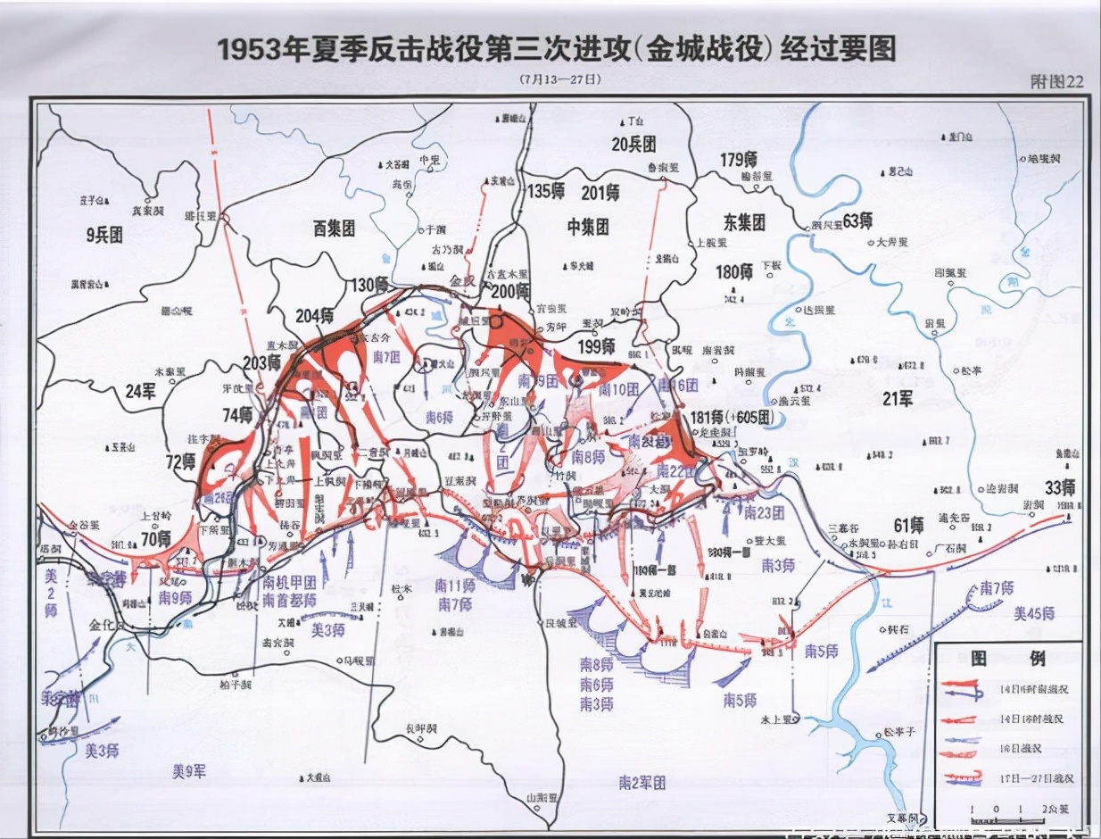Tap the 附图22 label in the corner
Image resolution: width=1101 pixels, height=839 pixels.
pyautogui.click(x=1056, y=81)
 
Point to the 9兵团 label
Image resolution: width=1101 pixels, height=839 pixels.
pyautogui.click(x=104, y=236)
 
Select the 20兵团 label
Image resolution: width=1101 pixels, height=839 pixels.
pyautogui.click(x=633, y=144)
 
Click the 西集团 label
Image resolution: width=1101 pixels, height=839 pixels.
pyautogui.click(x=334, y=229)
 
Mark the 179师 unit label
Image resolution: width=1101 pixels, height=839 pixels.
pyautogui.click(x=739, y=160)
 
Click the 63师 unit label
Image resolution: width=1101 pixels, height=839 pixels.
pyautogui.click(x=857, y=220)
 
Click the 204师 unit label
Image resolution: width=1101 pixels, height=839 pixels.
pyautogui.click(x=315, y=315)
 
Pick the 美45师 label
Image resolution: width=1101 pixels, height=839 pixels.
pyautogui.click(x=1034, y=613)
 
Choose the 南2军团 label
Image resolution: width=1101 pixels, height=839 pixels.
pyautogui.click(x=642, y=783)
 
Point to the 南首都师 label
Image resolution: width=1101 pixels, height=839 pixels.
pyautogui.click(x=289, y=599)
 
